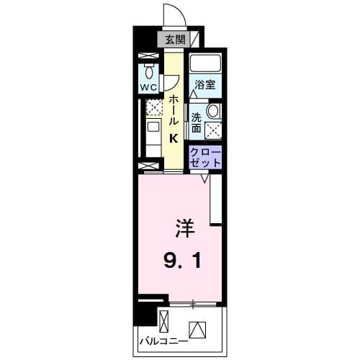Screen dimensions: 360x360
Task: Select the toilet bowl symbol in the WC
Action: (x=149, y=72)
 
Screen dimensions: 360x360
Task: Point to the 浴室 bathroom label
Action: (x=205, y=85)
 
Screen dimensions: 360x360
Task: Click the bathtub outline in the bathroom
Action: (x=206, y=64)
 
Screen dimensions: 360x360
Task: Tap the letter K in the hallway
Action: (x=174, y=139)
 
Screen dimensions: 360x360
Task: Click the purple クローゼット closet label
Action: (x=205, y=158)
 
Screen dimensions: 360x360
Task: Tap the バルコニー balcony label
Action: (x=163, y=339)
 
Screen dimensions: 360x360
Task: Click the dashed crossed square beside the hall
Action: (x=153, y=108)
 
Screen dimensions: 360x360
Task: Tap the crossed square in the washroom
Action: (x=213, y=130)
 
